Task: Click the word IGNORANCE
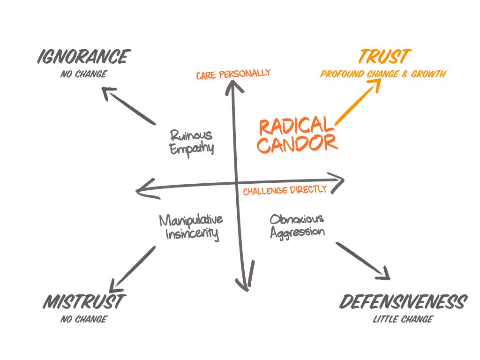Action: (83, 57)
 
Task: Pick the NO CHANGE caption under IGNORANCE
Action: (83, 74)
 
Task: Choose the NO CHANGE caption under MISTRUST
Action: (83, 320)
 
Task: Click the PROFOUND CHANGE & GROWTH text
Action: (383, 74)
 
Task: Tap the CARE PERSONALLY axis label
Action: (233, 74)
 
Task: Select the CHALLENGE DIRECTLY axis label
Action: (285, 190)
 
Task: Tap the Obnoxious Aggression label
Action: (297, 225)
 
